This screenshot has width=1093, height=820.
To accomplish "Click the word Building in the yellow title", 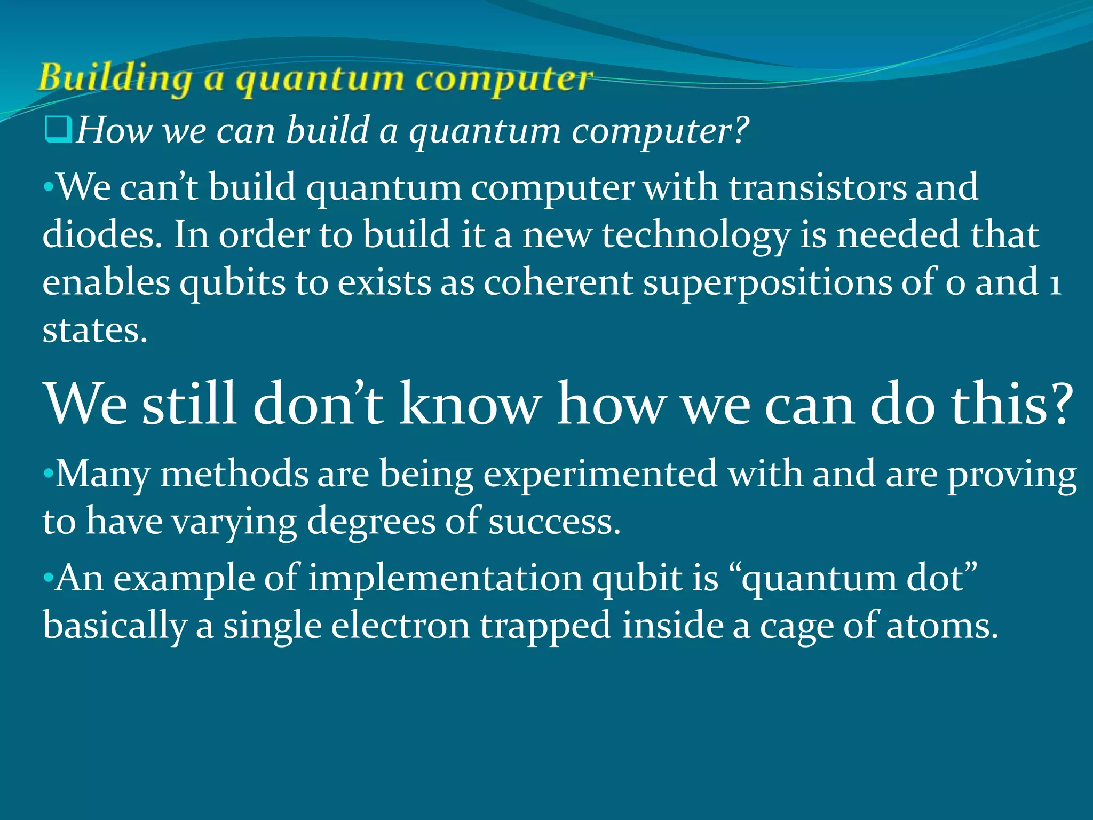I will pyautogui.click(x=114, y=78).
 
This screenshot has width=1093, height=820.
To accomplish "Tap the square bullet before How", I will pyautogui.click(x=58, y=130).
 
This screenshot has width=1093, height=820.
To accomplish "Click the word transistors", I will pyautogui.click(x=817, y=187).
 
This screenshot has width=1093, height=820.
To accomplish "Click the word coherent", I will pyautogui.click(x=558, y=282).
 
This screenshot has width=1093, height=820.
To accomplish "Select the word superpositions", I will pyautogui.click(x=767, y=283).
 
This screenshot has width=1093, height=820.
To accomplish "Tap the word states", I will pyautogui.click(x=94, y=330).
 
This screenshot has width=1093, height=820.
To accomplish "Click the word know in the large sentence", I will pyautogui.click(x=470, y=404).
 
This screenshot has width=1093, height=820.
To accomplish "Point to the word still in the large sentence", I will pyautogui.click(x=189, y=404).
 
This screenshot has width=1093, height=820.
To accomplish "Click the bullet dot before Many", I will pyautogui.click(x=49, y=474).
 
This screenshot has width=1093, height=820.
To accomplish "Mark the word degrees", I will pyautogui.click(x=371, y=522).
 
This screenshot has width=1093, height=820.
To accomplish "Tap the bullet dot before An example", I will pyautogui.click(x=49, y=578).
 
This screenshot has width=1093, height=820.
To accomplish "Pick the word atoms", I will pyautogui.click(x=941, y=626).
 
